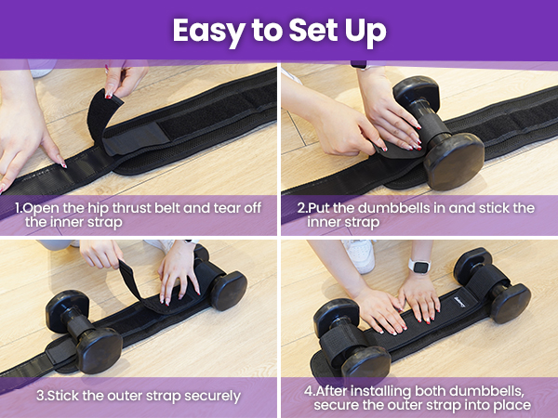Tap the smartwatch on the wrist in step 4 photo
pos(421,267)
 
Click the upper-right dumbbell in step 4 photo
pos(493,283)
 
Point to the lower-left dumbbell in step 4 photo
pos(349,339)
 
